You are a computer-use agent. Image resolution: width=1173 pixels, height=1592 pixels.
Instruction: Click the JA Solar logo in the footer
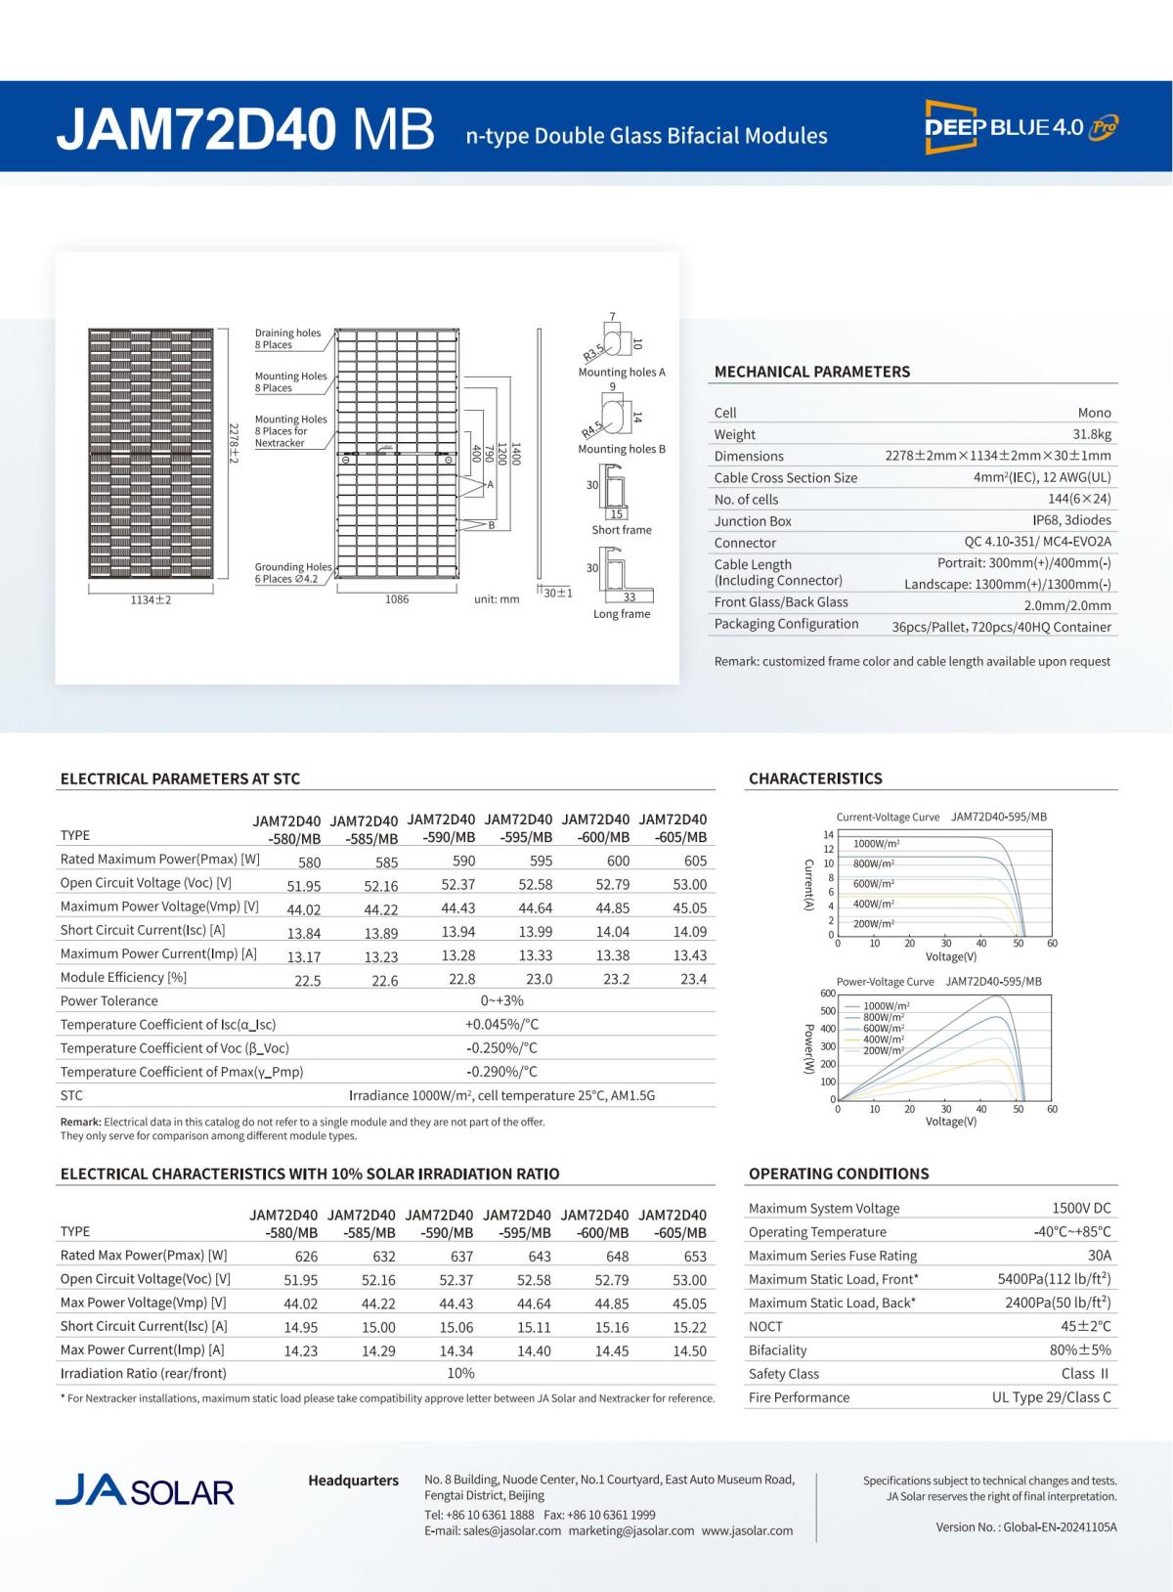coord(145,1490)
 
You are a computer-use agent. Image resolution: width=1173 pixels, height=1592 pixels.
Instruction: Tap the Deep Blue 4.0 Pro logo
coord(1021,126)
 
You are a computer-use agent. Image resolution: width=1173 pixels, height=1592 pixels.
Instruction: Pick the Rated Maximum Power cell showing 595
coord(541,862)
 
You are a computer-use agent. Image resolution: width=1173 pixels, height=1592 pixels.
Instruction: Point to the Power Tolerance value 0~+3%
coord(501,1001)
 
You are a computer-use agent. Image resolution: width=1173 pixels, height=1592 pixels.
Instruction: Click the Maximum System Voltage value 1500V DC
coord(1081,1209)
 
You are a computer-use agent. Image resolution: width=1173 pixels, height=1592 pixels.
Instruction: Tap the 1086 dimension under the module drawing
coord(396,599)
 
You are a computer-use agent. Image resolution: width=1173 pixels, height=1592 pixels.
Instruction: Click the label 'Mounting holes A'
coord(622,373)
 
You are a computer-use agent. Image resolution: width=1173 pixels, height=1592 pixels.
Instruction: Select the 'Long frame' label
coord(622,614)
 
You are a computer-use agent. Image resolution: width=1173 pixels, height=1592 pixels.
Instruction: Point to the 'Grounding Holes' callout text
coord(293,567)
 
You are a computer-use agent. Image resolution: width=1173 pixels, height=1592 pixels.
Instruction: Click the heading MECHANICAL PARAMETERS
coord(811,372)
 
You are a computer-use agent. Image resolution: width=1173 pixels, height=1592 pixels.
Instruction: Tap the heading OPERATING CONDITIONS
coord(838,1173)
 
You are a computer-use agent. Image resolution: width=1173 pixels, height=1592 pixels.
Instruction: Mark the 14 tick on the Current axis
coord(828,834)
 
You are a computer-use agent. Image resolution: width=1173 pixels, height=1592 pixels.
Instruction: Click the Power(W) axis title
coord(808,1049)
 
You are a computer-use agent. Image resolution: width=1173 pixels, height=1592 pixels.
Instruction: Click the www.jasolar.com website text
coord(747,1530)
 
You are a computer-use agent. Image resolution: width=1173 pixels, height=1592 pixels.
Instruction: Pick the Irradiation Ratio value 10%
coord(460,1374)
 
